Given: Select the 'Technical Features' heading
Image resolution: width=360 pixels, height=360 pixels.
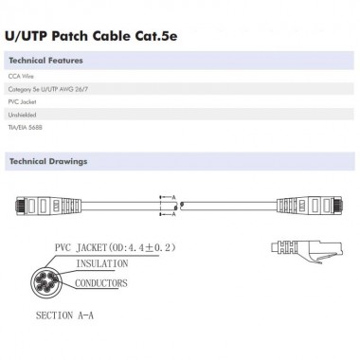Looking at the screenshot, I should [x=45, y=62].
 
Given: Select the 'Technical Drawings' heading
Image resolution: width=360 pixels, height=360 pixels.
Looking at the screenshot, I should [x=47, y=162].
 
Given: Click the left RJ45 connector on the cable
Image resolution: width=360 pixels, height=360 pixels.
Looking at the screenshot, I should [x=38, y=203].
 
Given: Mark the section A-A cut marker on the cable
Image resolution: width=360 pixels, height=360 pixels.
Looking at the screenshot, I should [x=174, y=203].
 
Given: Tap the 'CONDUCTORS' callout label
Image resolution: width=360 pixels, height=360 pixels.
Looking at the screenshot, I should [x=104, y=281].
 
